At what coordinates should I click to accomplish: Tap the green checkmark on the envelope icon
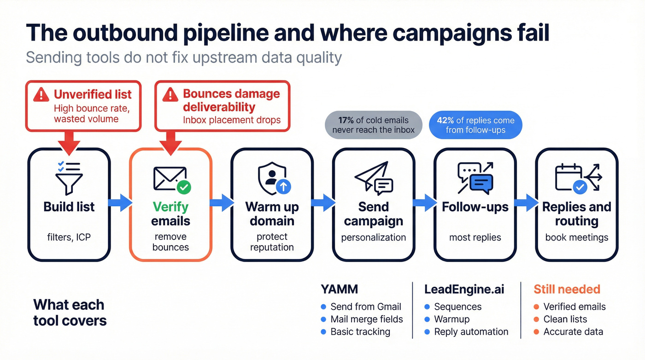click(184, 187)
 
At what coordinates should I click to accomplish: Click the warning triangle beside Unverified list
click(41, 95)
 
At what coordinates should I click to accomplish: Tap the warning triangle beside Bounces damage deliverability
click(170, 95)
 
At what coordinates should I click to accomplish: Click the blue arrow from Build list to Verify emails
click(120, 203)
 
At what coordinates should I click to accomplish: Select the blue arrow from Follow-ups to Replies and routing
click(526, 203)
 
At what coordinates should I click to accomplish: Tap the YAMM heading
click(340, 289)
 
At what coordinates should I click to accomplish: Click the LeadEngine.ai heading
click(464, 289)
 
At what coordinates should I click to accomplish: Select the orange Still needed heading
click(567, 289)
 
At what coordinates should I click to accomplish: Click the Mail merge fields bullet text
click(367, 319)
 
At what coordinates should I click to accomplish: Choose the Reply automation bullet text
click(471, 331)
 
